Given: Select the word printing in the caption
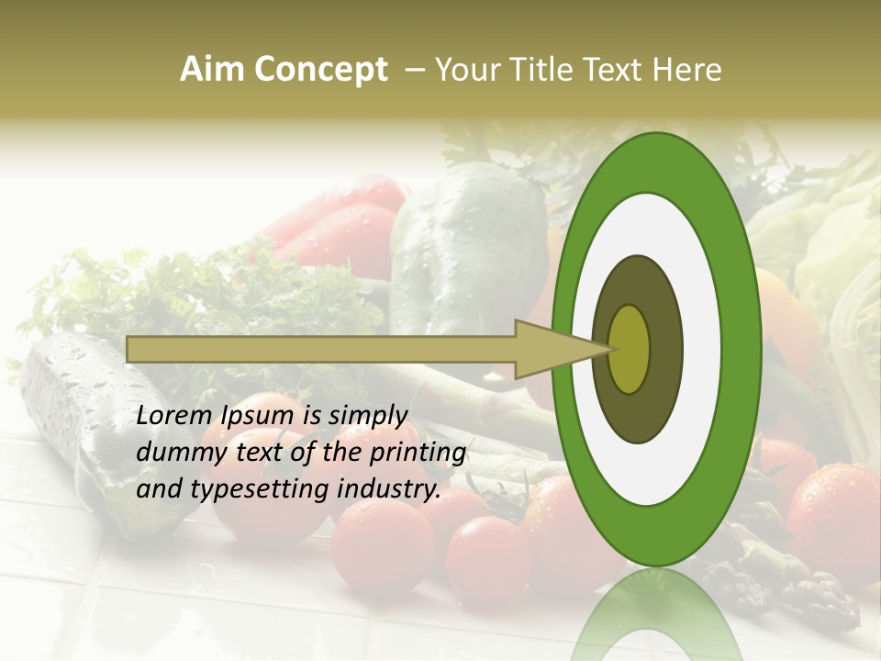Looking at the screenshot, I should [x=417, y=454].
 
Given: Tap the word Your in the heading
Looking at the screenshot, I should [x=468, y=70].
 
